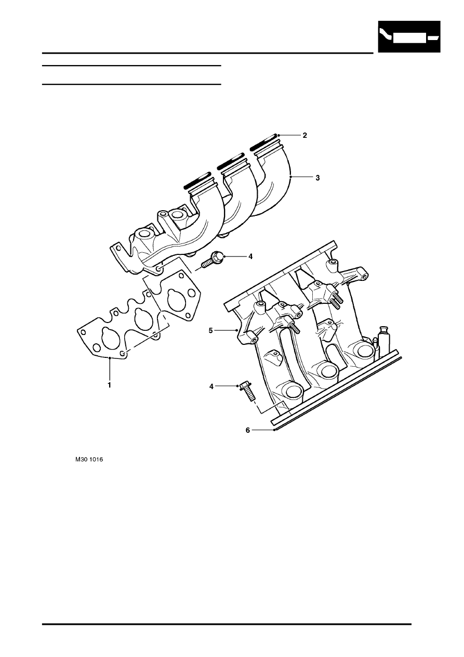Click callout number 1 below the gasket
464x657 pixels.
click(x=109, y=385)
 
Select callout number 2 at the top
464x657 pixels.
click(x=304, y=135)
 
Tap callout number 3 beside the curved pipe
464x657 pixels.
click(x=317, y=178)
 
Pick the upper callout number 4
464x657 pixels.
click(x=250, y=256)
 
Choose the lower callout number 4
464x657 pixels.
click(x=211, y=387)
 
